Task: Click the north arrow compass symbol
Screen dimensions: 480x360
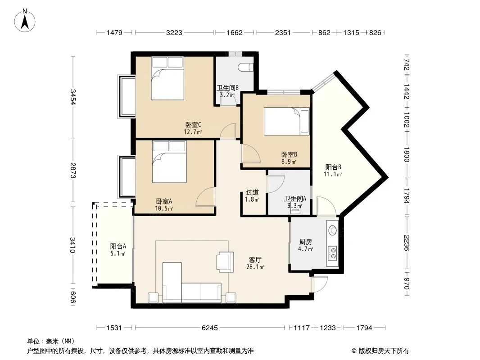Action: point(25,20)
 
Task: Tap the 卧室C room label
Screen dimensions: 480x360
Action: point(193,125)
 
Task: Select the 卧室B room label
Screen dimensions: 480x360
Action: point(289,155)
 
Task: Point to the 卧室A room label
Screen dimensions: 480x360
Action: point(164,201)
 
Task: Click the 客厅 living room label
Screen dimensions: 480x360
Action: point(255,260)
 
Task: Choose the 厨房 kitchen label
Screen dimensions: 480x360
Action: point(305,242)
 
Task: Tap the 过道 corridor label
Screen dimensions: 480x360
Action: point(252,193)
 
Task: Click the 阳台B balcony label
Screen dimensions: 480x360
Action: point(333,167)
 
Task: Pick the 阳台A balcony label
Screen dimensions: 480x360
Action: point(118,246)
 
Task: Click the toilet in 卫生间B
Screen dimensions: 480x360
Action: point(246,67)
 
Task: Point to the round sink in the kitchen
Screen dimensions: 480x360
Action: point(332,230)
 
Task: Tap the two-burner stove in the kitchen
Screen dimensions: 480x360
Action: point(332,252)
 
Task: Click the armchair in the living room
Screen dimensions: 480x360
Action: point(225,262)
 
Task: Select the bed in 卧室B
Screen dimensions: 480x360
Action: point(286,121)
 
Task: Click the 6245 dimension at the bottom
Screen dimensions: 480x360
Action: point(210,328)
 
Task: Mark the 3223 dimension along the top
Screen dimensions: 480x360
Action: point(174,32)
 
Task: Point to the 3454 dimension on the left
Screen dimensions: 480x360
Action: point(73,97)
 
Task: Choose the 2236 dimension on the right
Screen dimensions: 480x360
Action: point(406,243)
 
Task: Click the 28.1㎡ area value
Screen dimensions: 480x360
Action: point(255,267)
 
